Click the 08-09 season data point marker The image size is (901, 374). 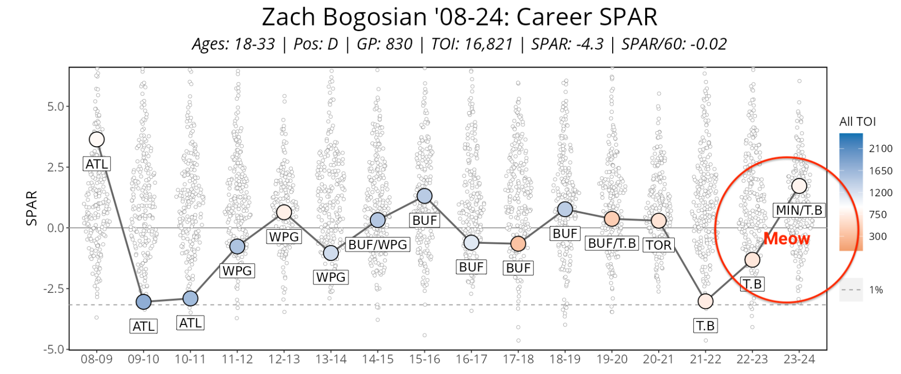pos(97,139)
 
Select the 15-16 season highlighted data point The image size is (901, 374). pos(424,196)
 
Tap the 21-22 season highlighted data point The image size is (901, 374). pos(705,301)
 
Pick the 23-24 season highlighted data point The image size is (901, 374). pos(799,186)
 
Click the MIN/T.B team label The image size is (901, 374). pos(799,210)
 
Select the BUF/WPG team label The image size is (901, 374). pos(378,244)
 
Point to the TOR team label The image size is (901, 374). pos(658,245)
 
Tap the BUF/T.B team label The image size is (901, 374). pos(612,243)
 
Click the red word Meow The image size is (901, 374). pos(786,239)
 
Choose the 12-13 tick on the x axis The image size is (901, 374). pos(284,359)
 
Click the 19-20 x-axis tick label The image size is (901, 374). pos(612,359)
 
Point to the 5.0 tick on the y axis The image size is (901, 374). pos(56,107)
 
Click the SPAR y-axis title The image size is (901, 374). pos(32,208)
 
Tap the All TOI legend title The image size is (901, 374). pos(857,122)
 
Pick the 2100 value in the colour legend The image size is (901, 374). pos(880,148)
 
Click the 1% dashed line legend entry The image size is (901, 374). pos(861,290)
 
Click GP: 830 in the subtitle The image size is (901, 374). pos(384,44)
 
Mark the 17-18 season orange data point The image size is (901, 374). pos(518,244)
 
